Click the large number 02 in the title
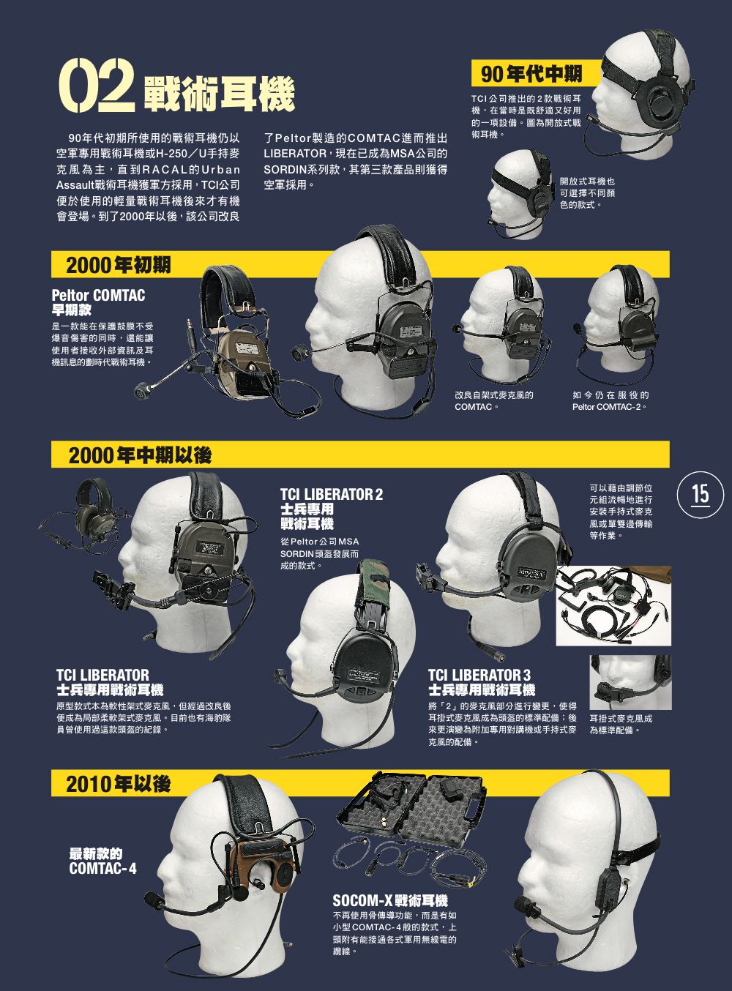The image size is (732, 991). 97,85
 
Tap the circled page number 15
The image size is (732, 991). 701,495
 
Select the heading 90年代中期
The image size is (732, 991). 531,73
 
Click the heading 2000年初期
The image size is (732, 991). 119,264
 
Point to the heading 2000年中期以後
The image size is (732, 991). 140,455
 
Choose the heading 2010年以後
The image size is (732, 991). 119,783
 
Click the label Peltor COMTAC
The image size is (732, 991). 98,296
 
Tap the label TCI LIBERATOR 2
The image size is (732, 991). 332,494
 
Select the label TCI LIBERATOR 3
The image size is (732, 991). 479,675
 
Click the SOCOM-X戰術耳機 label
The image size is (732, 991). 390,900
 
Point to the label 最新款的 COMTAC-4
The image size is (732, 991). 102,861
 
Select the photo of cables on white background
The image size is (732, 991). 613,605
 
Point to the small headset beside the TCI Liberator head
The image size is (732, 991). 85,514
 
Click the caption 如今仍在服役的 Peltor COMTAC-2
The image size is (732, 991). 610,401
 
